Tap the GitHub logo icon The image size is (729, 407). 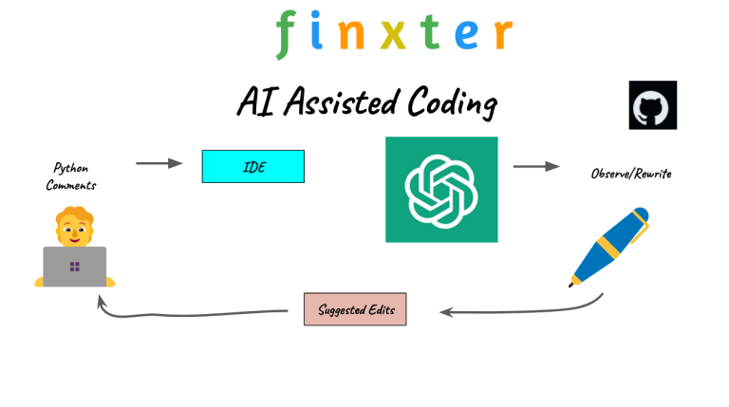(x=653, y=104)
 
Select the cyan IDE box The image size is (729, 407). (x=252, y=166)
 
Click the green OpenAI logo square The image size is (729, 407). (x=441, y=189)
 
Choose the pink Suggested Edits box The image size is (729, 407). (x=355, y=309)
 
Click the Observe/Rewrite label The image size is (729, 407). (x=631, y=175)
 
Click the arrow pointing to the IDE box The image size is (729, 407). (x=159, y=163)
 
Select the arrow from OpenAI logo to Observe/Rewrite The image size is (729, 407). (x=536, y=167)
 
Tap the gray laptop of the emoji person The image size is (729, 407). (x=74, y=266)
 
